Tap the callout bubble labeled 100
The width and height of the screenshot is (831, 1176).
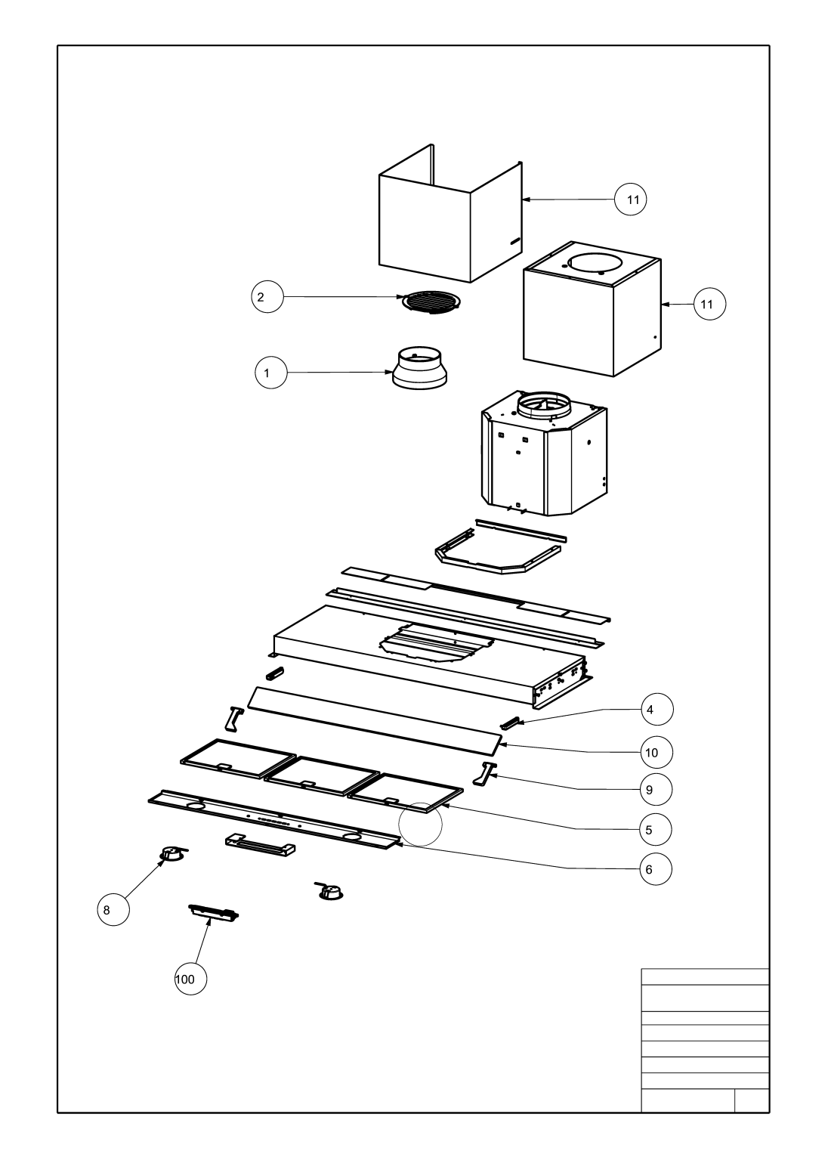186,979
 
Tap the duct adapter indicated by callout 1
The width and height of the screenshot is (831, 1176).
419,368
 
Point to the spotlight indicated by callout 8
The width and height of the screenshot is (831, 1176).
173,854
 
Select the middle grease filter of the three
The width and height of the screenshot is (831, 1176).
322,775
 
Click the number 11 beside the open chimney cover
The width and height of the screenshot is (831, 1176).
631,200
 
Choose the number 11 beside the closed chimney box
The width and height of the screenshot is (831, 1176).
708,304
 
